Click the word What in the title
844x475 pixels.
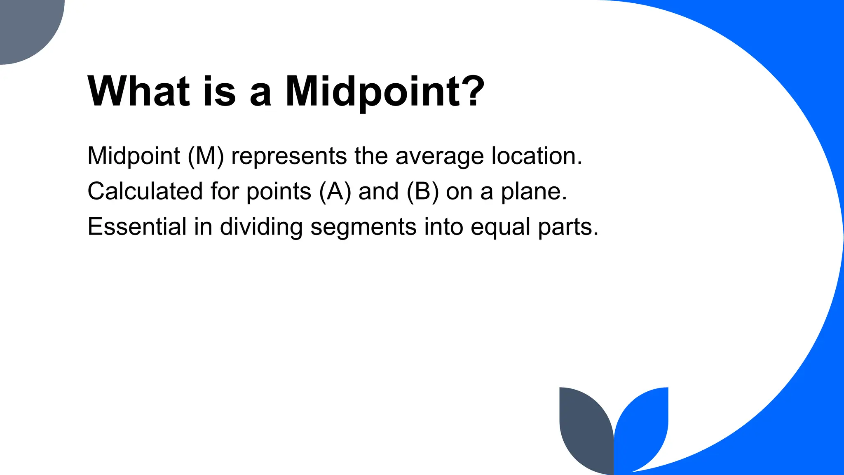(x=138, y=92)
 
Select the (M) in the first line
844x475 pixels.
(x=206, y=156)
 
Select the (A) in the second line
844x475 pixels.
(x=335, y=191)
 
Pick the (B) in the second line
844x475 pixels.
(x=422, y=191)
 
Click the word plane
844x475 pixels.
(x=534, y=192)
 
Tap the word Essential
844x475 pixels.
(x=137, y=227)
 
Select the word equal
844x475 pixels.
(x=500, y=228)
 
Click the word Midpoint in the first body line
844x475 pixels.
(x=134, y=156)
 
